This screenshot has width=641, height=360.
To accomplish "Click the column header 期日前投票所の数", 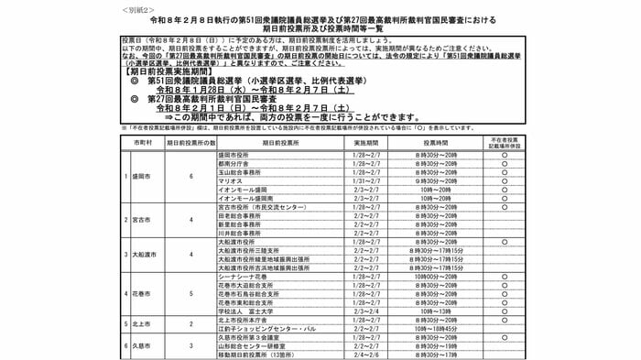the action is click(x=190, y=144).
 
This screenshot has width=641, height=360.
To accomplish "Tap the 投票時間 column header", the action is click(x=426, y=144).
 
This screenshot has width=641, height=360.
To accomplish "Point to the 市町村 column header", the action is click(x=141, y=144).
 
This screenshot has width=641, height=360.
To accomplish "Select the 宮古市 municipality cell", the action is click(x=141, y=221).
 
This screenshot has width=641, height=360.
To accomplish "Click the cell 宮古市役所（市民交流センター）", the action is click(x=258, y=207).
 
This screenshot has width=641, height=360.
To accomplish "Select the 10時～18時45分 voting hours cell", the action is click(x=426, y=328).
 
